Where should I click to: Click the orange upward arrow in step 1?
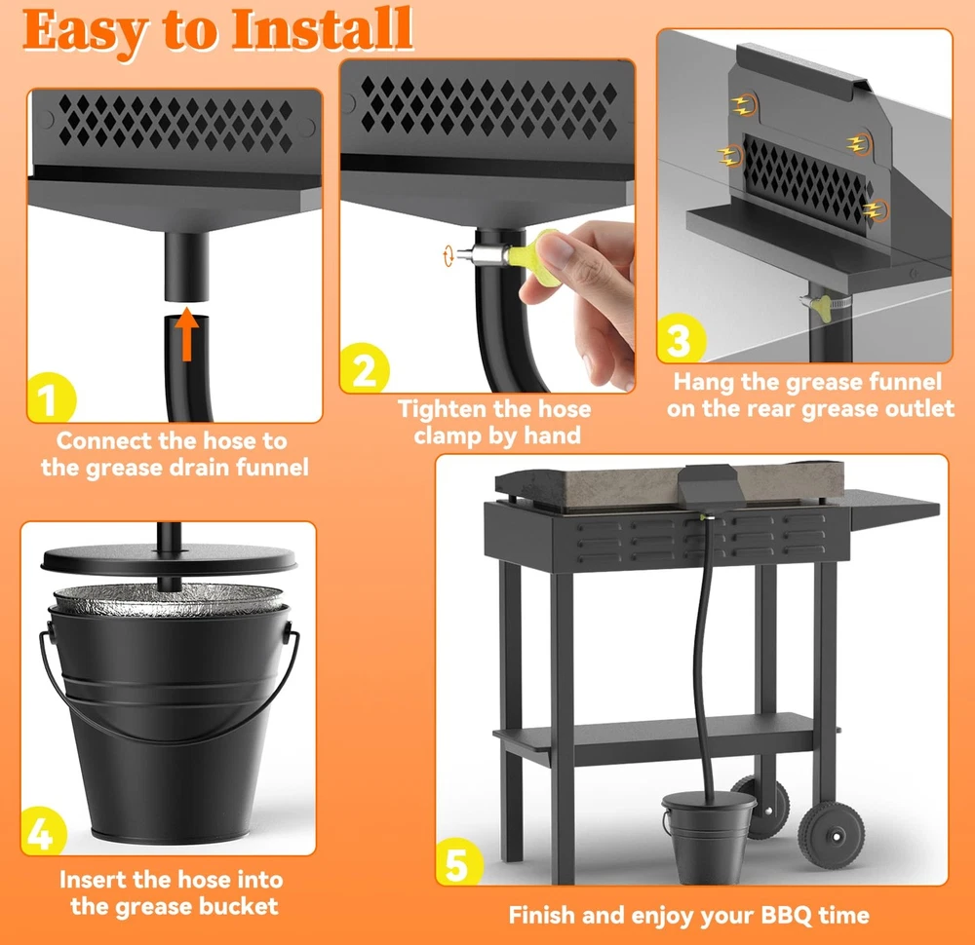tap(186, 335)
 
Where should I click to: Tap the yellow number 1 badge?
tap(51, 398)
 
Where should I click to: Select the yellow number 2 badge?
tap(365, 368)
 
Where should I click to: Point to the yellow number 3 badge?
tap(681, 339)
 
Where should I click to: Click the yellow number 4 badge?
tap(44, 832)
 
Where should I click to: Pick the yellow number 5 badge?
tap(459, 862)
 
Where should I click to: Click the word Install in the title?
tap(322, 29)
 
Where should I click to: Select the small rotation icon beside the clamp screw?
tap(448, 256)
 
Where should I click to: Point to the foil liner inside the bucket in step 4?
tap(169, 599)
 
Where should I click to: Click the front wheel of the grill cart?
tap(832, 834)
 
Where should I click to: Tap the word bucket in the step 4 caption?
tap(238, 906)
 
